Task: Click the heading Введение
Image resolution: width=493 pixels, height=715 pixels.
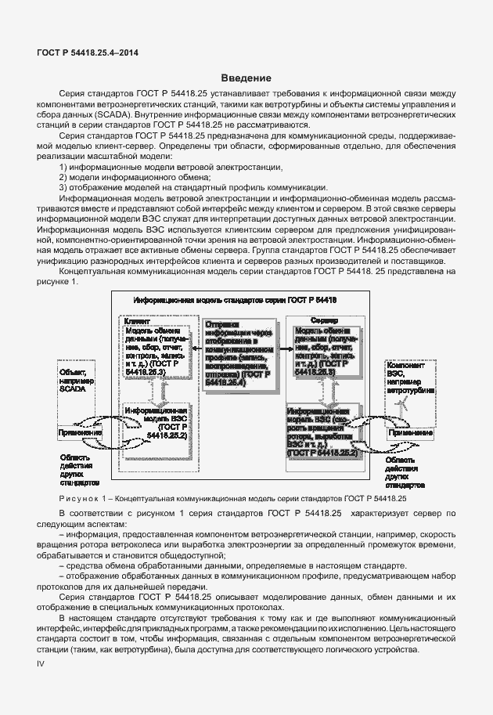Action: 246,78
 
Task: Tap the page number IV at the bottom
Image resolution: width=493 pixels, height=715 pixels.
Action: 42,663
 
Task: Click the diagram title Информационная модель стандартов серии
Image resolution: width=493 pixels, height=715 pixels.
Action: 235,300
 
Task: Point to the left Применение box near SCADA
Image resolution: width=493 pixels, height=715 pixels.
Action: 79,433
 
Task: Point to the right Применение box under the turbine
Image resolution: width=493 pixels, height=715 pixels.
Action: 409,433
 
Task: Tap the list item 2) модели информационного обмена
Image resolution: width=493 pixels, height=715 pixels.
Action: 110,176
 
